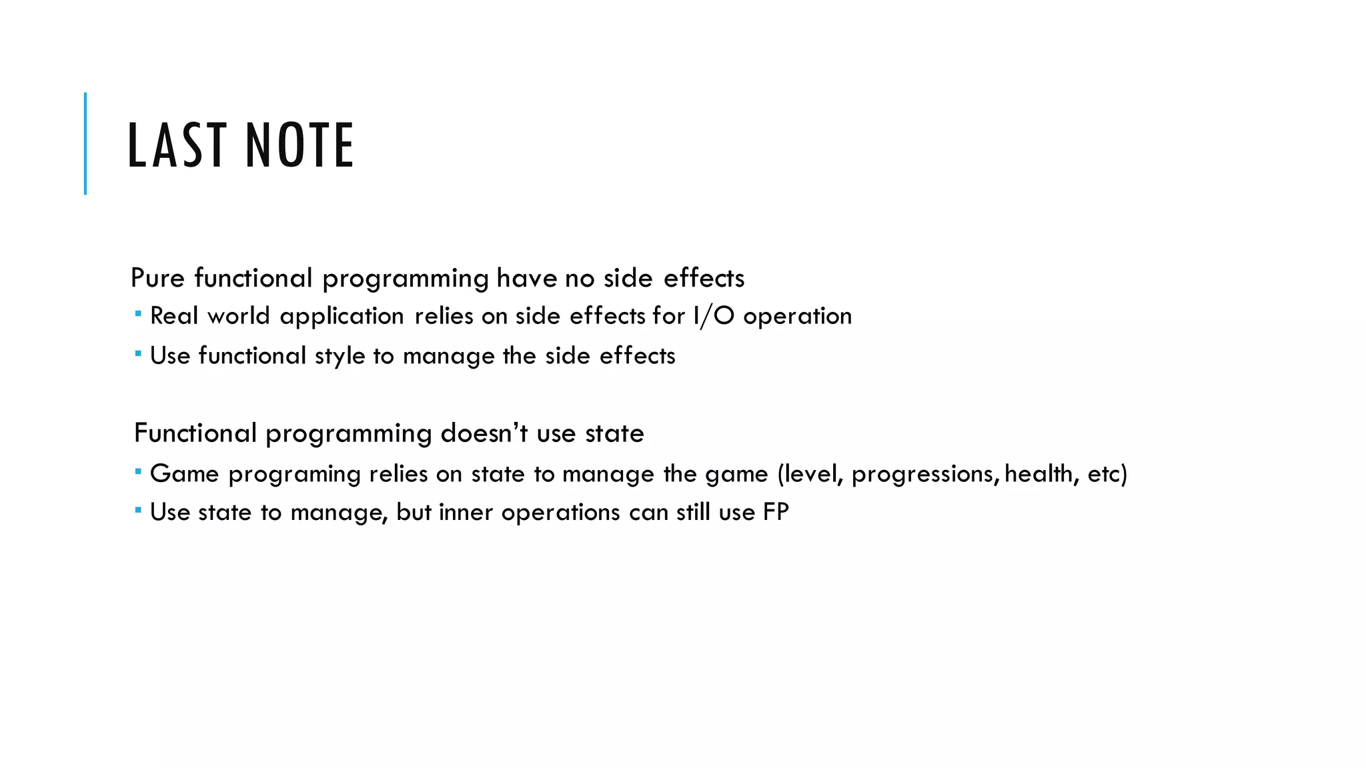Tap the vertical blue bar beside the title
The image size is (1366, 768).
pos(85,143)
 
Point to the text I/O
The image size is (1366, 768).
pos(714,316)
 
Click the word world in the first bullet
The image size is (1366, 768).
pos(239,316)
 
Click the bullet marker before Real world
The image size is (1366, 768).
pos(137,313)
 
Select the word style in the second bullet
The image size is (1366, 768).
pos(339,356)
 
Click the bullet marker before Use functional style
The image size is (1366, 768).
pos(137,353)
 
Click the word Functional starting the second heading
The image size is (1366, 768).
pos(195,433)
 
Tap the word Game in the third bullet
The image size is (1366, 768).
pos(184,474)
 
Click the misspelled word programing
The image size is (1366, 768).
pos(294,475)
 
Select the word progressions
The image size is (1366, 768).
pos(925,475)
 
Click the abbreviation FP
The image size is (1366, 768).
pos(776,512)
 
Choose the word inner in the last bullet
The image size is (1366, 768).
pos(466,512)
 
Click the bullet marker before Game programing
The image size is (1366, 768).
pos(137,471)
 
